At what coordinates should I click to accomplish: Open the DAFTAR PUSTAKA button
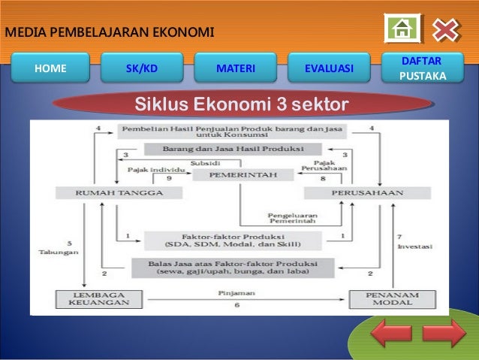coord(422,68)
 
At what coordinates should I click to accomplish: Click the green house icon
coord(402,29)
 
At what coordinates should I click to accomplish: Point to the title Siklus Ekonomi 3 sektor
coord(241,102)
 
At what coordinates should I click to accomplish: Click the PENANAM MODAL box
coord(381,299)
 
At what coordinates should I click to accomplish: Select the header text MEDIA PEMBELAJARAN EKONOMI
coord(110,32)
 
